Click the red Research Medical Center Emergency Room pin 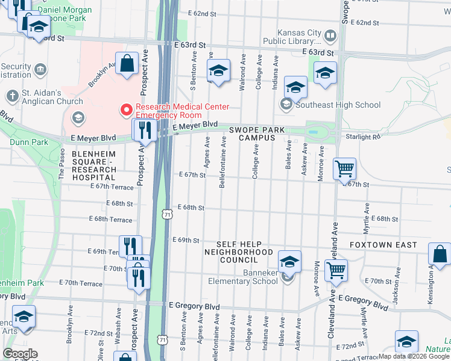pos(127,110)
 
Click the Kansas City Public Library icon pos(330,36)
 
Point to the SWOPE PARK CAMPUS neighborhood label pos(252,133)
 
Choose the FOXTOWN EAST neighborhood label pos(383,245)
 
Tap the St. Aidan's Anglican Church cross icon pos(12,96)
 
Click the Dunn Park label pos(29,143)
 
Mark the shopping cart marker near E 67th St pos(344,170)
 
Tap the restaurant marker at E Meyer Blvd pos(145,129)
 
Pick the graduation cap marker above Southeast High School pos(295,87)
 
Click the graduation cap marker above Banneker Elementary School pos(289,261)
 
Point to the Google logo pos(20,354)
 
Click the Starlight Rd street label pos(363,137)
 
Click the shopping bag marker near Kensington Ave pos(440,255)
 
